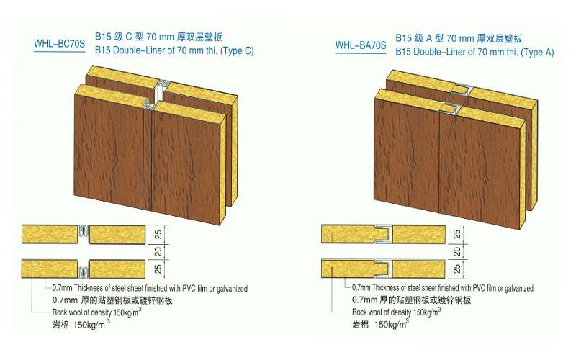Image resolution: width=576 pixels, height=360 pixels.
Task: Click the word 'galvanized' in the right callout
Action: click(516, 288)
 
